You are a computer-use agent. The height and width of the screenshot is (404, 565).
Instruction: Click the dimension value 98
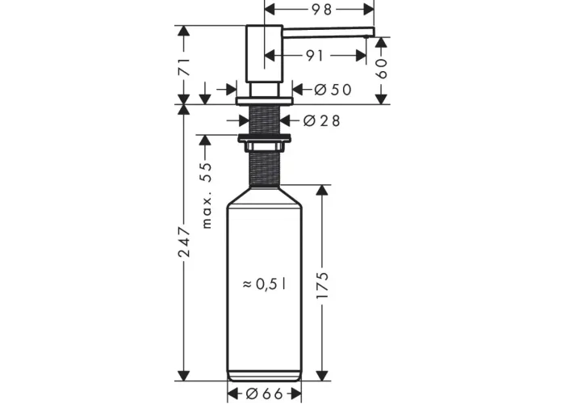321,10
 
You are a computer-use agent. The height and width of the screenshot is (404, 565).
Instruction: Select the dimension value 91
315,56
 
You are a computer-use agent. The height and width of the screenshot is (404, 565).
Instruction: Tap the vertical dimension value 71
184,66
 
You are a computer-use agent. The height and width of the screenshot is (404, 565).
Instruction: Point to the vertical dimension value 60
381,69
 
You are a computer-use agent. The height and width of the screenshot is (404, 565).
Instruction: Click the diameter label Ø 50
333,90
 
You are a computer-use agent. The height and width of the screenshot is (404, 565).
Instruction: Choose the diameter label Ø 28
321,120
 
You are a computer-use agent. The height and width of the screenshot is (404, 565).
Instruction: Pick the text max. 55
206,196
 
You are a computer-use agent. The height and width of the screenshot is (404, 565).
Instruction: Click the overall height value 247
184,242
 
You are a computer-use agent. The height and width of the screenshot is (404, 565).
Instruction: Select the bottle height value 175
322,286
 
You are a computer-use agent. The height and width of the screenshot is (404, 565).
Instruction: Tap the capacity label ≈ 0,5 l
265,284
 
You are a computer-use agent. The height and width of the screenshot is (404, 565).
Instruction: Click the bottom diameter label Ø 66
265,393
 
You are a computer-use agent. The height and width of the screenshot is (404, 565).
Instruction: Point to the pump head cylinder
264,53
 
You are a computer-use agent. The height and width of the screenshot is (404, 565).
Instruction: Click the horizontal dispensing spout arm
329,32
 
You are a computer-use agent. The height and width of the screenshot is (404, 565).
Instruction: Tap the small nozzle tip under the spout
366,37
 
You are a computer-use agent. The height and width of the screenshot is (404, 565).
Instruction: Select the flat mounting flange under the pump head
265,101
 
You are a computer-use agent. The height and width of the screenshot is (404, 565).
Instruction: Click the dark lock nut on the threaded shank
264,137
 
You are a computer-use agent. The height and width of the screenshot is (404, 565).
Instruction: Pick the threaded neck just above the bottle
265,169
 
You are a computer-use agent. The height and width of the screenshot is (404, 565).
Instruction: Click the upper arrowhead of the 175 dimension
322,191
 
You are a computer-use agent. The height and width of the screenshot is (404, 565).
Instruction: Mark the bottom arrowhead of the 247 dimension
184,375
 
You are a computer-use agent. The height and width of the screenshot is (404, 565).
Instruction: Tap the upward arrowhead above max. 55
205,141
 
